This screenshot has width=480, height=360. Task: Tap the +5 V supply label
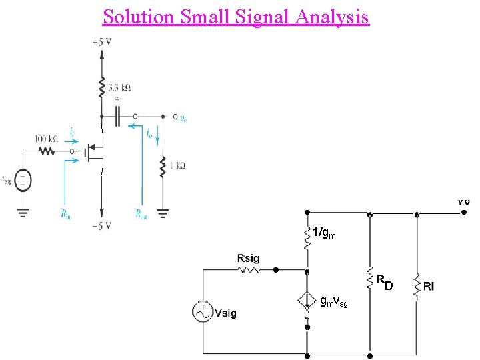102,42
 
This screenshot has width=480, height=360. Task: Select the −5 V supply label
102,226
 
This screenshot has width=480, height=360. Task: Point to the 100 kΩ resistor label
46,139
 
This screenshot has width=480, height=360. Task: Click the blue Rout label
141,215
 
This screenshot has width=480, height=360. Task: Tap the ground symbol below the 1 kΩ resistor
163,213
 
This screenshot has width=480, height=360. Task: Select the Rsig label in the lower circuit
249,259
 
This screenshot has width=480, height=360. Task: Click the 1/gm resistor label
325,233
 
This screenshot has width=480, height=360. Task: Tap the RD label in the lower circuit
385,283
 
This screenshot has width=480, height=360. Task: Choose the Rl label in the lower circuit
429,286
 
